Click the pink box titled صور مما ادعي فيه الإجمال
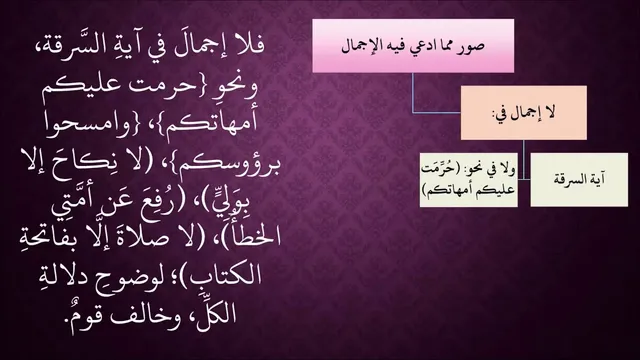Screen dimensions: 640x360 point(413,46)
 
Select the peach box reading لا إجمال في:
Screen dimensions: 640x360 point(524,113)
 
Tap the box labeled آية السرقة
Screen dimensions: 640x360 point(579,180)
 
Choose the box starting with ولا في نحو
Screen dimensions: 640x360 point(469,180)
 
